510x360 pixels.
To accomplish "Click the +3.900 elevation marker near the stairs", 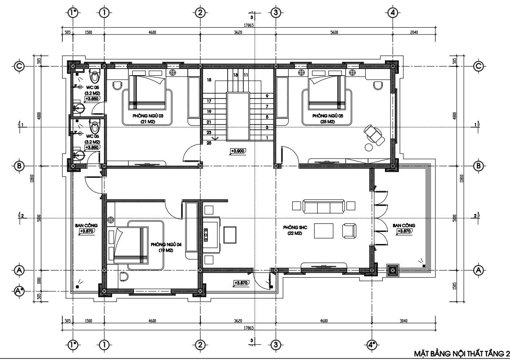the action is (238, 151).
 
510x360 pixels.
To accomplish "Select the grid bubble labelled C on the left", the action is (19, 66).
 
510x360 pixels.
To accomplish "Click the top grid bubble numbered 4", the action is (393, 13).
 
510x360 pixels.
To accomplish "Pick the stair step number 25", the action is (209, 143).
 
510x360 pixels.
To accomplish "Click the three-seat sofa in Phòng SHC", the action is (323, 206).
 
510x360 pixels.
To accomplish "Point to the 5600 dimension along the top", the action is (334, 32).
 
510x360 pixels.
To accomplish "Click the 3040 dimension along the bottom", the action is (403, 321).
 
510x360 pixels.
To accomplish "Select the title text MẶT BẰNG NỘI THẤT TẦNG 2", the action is (462, 353).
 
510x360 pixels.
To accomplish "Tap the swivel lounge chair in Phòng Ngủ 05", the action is (374, 135).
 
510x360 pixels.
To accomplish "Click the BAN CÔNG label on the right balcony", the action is (404, 226).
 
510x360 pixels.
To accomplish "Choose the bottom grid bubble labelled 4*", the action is (372, 345).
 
